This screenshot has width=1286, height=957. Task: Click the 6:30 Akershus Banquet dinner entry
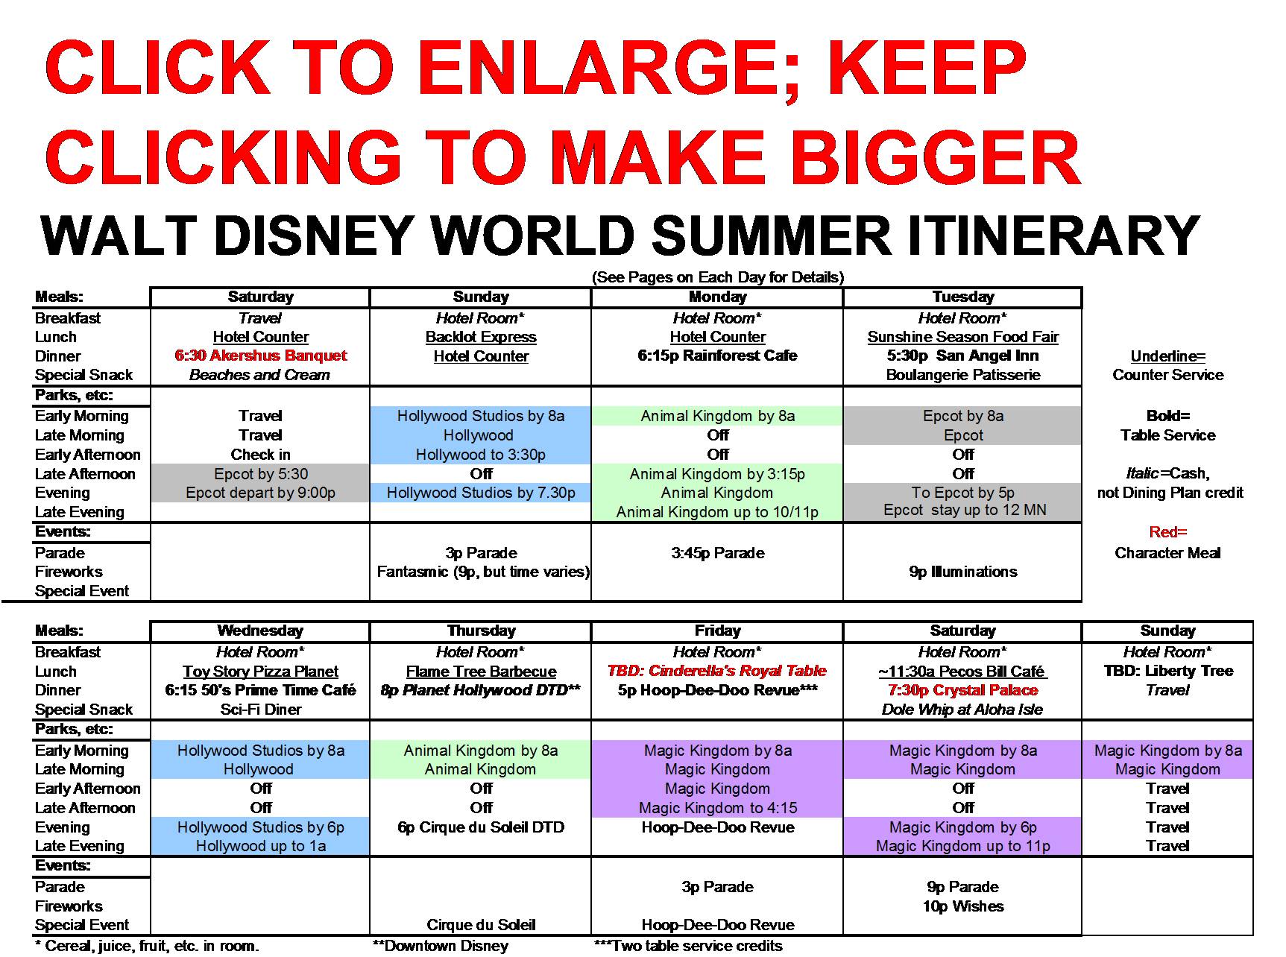261,356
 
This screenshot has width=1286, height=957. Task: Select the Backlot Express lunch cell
481,337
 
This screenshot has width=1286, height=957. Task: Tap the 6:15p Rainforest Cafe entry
717,356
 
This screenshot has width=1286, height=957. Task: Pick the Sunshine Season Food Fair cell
962,337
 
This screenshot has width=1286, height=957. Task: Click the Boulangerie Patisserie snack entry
962,375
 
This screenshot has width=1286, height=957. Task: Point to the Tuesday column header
962,297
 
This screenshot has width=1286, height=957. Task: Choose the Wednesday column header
260,631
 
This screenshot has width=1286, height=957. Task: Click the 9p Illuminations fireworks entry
962,572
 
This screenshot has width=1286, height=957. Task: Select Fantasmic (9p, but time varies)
482,572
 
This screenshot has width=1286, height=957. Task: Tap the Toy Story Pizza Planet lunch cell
260,672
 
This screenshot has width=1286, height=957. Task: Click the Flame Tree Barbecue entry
481,672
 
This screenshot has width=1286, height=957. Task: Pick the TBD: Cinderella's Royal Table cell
717,671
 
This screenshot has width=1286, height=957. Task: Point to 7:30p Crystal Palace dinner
962,690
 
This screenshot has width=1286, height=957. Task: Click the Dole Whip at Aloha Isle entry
962,710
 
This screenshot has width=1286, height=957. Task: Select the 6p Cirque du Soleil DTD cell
481,827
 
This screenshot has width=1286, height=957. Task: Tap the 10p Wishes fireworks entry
962,906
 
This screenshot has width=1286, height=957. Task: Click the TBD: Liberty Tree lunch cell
1168,671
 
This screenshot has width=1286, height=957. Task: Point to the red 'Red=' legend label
1167,532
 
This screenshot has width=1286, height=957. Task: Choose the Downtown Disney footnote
440,947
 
